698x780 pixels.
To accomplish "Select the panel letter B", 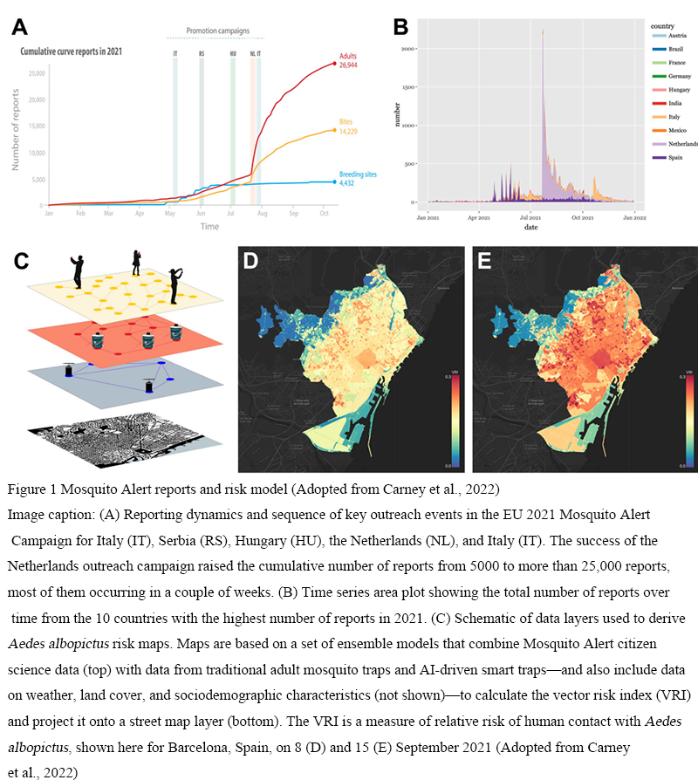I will click(400, 26).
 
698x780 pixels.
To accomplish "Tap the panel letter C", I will click(21, 260).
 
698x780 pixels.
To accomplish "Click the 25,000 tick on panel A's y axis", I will click(37, 72).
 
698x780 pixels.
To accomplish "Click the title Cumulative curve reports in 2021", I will click(72, 51).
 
